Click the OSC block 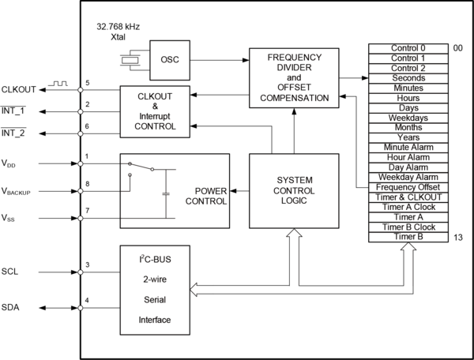[170, 60]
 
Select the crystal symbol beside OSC [130, 60]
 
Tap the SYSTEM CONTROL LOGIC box [294, 191]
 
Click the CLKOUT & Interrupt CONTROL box [155, 112]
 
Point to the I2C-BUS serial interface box [155, 290]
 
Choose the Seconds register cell [408, 78]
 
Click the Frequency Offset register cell [408, 187]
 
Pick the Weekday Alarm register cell [408, 178]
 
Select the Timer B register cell [408, 237]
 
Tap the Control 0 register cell [408, 48]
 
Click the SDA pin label [10, 307]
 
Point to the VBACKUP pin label [16, 192]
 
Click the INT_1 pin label [13, 111]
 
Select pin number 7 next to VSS [88, 211]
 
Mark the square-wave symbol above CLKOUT [58, 84]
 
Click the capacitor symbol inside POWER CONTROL [166, 193]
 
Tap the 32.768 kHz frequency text [118, 27]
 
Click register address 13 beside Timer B [458, 238]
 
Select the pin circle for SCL [81, 272]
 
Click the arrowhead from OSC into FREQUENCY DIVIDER [246, 60]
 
